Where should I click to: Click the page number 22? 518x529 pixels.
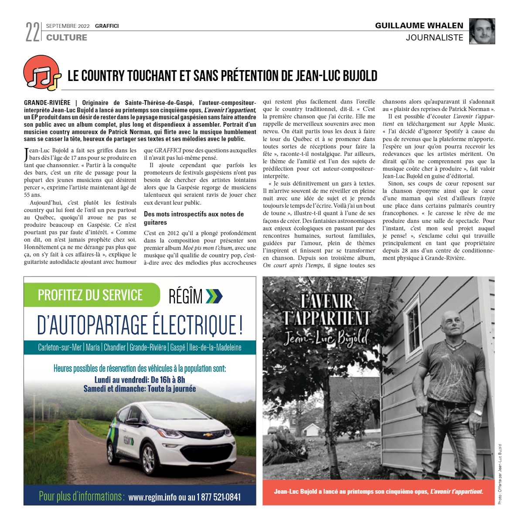(x=32, y=32)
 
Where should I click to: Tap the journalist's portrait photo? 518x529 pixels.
(x=482, y=31)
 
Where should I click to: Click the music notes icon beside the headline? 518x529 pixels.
(x=42, y=73)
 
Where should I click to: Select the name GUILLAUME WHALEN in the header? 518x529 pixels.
(x=419, y=26)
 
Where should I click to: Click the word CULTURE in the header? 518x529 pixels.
(x=67, y=38)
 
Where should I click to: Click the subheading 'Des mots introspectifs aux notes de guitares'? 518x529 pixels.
(x=194, y=218)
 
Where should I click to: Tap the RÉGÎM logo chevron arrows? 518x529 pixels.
(x=214, y=296)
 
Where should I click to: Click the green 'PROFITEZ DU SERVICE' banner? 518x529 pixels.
(x=91, y=295)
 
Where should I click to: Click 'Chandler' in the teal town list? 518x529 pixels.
(x=115, y=347)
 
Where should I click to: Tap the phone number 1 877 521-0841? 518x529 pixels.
(x=218, y=497)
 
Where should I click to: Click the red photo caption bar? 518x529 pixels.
(x=378, y=492)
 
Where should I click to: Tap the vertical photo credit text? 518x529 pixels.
(x=499, y=474)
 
